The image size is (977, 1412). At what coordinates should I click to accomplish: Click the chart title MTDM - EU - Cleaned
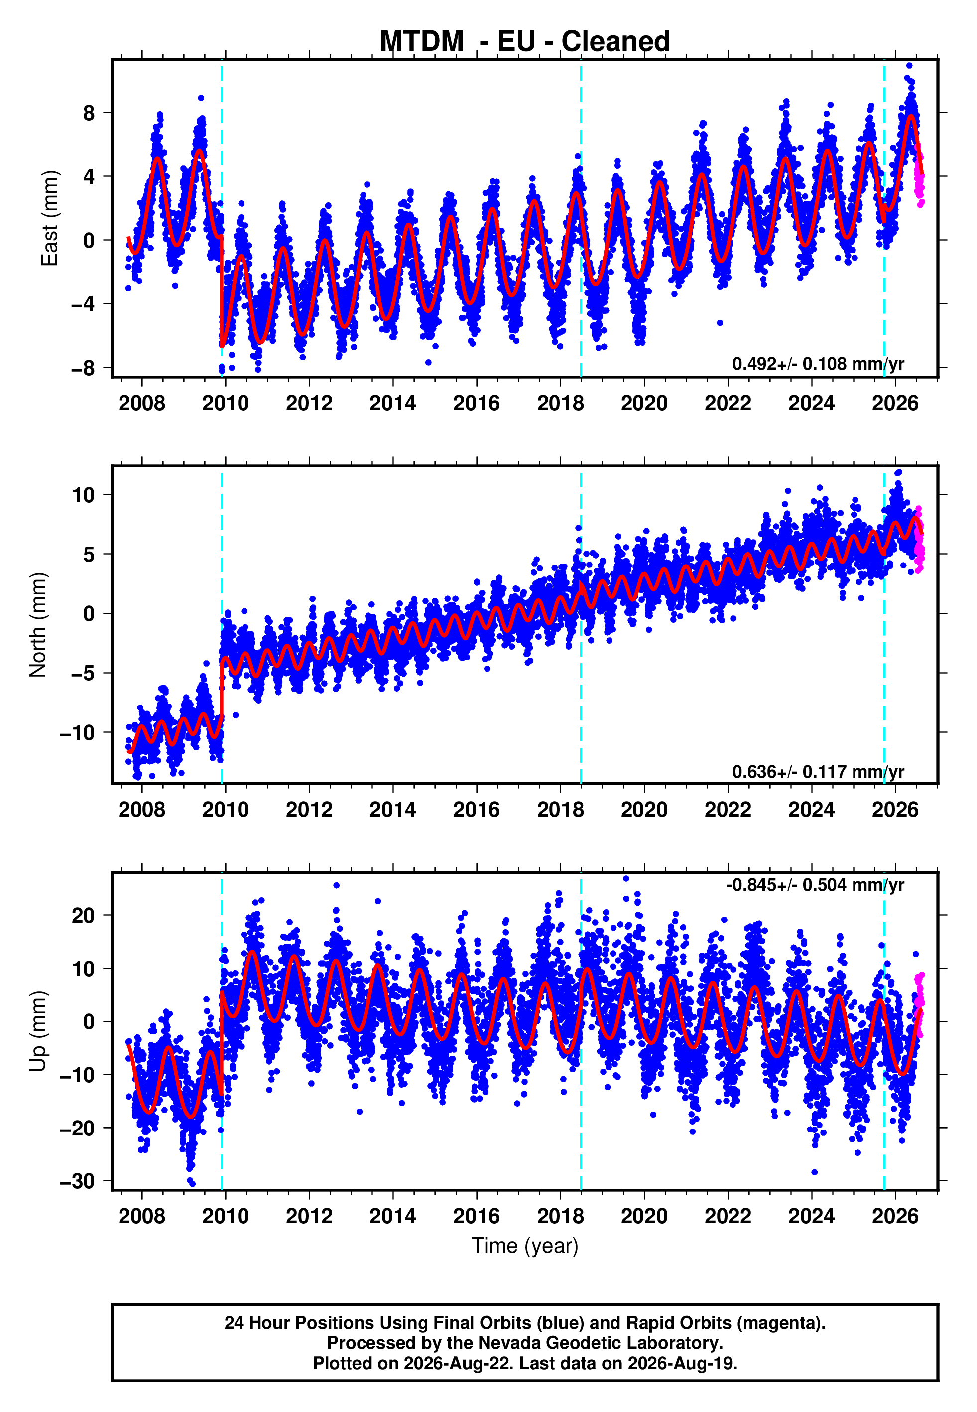pyautogui.click(x=525, y=42)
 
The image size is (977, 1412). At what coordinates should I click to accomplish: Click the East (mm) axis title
pyautogui.click(x=49, y=218)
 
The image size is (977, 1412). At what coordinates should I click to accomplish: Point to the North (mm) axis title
pyautogui.click(x=37, y=625)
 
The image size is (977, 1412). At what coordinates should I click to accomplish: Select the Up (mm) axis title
pyautogui.click(x=37, y=1031)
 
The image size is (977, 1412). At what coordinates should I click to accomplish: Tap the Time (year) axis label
pyautogui.click(x=525, y=1246)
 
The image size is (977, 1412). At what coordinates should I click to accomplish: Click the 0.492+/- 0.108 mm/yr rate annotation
pyautogui.click(x=818, y=364)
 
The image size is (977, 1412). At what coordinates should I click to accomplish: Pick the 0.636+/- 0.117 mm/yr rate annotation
pyautogui.click(x=818, y=771)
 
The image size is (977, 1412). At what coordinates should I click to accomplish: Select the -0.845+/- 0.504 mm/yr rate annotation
pyautogui.click(x=815, y=885)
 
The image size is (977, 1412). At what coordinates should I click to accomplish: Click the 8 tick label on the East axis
pyautogui.click(x=89, y=113)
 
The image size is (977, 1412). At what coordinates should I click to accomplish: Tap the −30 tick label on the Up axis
pyautogui.click(x=77, y=1181)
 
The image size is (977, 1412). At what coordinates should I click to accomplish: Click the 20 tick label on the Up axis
pyautogui.click(x=83, y=915)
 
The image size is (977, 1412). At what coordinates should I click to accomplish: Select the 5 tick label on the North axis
pyautogui.click(x=89, y=554)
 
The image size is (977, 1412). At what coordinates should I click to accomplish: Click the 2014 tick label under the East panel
pyautogui.click(x=392, y=403)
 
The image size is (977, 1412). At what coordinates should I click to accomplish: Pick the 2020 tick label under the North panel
pyautogui.click(x=644, y=810)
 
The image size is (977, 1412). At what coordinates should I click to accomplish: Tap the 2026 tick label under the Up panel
pyautogui.click(x=895, y=1216)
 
